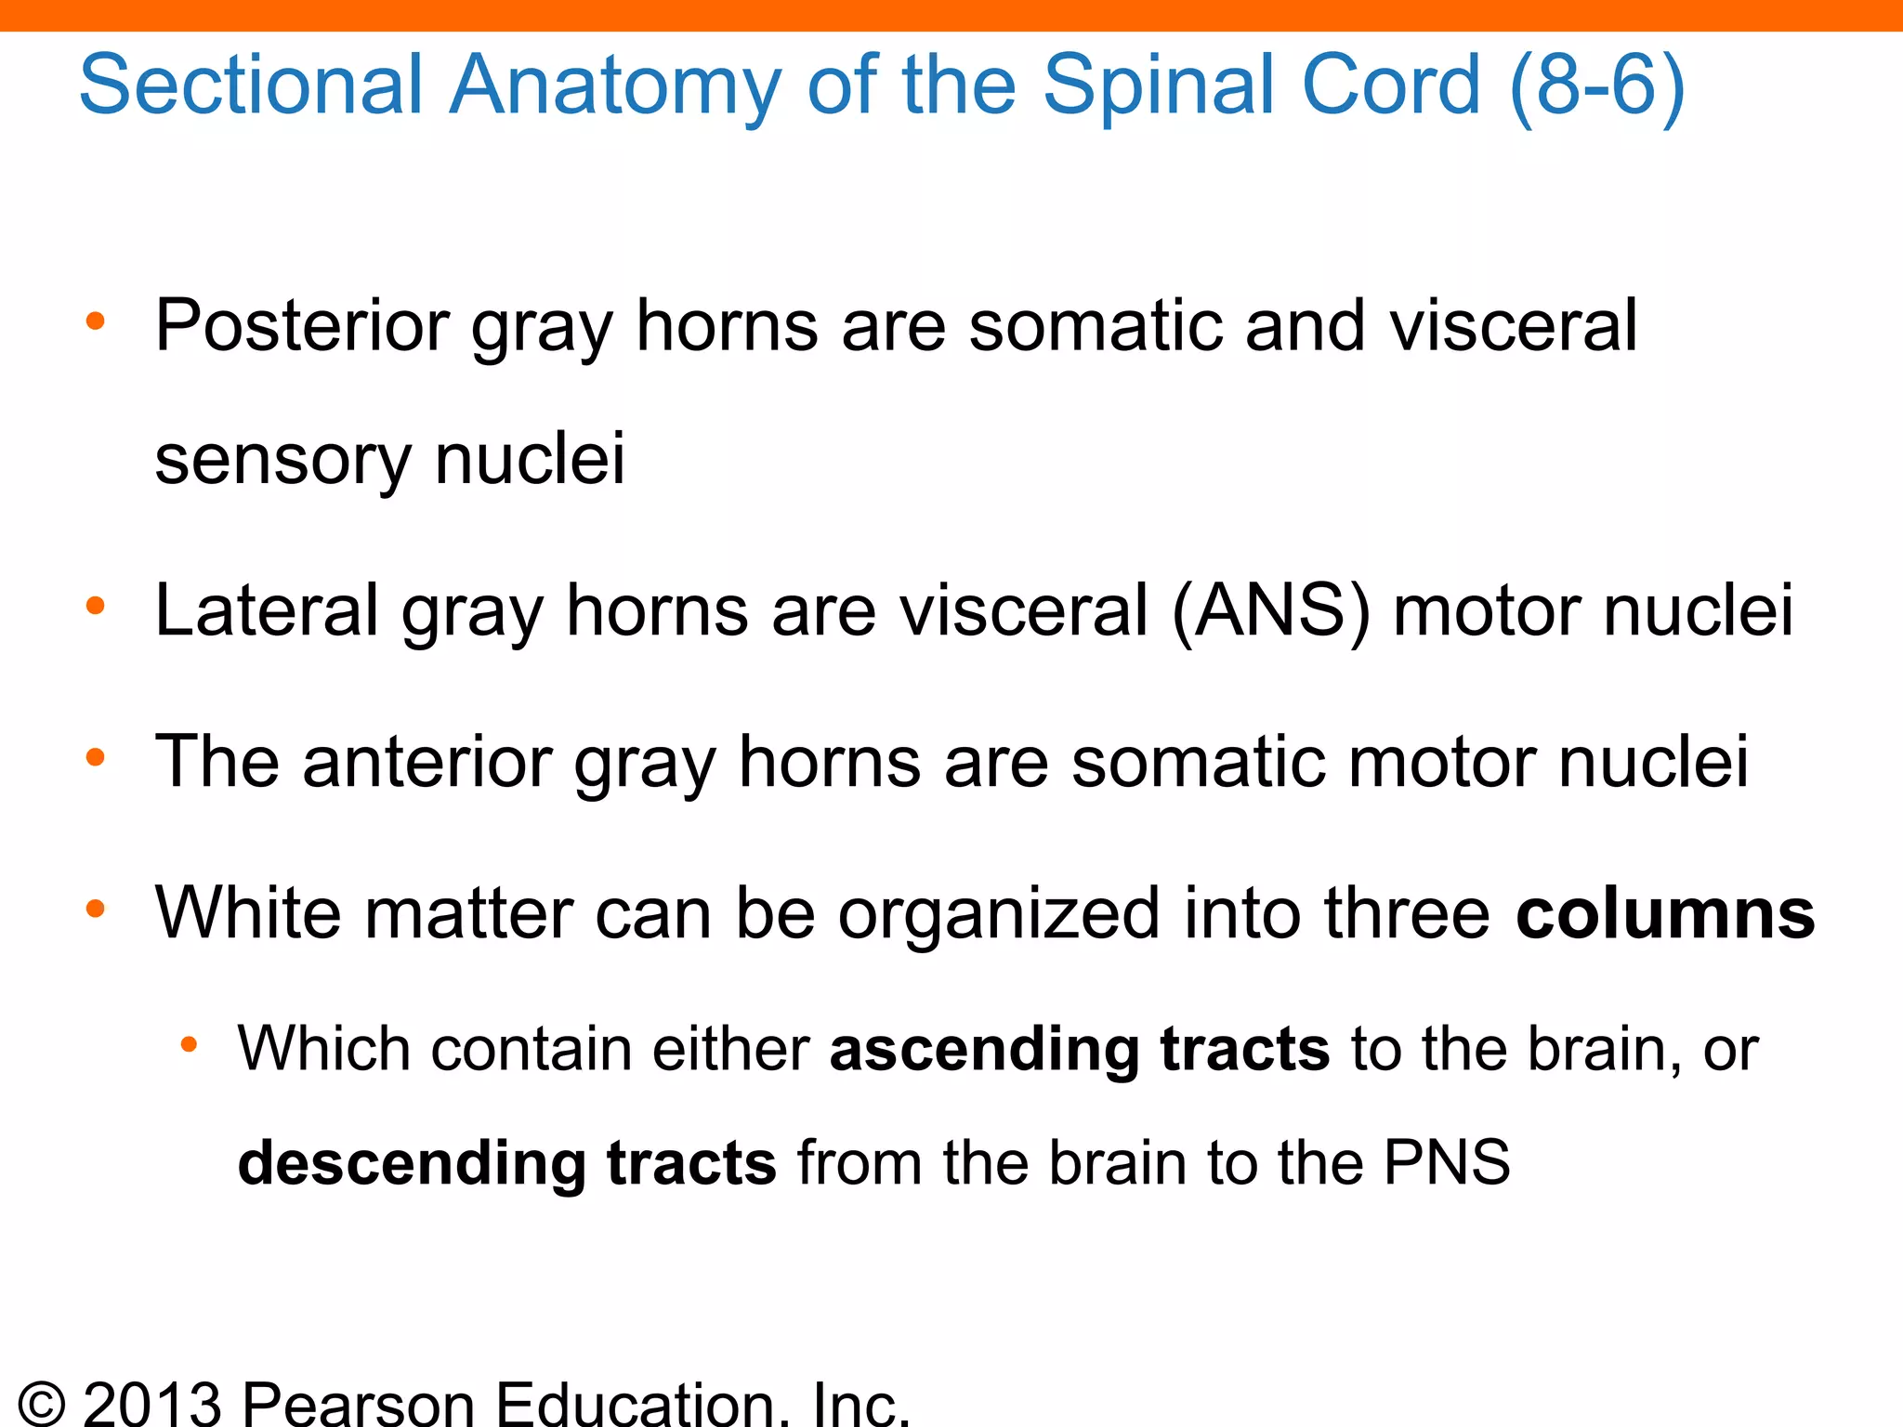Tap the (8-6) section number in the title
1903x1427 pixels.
point(1597,85)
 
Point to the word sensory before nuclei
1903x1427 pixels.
point(282,460)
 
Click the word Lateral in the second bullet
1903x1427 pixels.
point(267,610)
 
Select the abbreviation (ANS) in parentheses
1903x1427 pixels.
point(1271,610)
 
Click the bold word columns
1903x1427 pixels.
point(1665,913)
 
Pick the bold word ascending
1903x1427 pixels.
point(984,1050)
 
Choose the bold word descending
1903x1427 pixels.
point(412,1163)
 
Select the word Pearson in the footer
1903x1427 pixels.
point(359,1403)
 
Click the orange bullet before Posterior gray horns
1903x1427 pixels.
point(95,322)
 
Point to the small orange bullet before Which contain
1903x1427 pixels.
point(189,1046)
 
